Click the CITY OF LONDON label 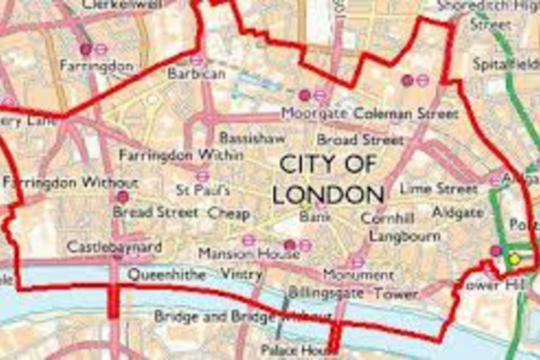[x=328, y=179]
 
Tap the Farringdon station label [x=96, y=65]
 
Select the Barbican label [x=197, y=73]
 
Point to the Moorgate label [x=314, y=113]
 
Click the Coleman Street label [x=406, y=113]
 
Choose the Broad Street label [x=360, y=139]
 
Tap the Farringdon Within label [x=181, y=155]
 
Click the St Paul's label [x=202, y=190]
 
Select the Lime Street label [x=439, y=188]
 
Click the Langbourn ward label [x=404, y=236]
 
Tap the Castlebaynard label [x=114, y=247]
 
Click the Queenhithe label [x=167, y=274]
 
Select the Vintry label [x=241, y=274]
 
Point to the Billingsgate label [x=326, y=292]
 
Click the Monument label [x=359, y=274]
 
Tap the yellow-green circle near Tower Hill [x=515, y=259]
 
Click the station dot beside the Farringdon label [x=86, y=49]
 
